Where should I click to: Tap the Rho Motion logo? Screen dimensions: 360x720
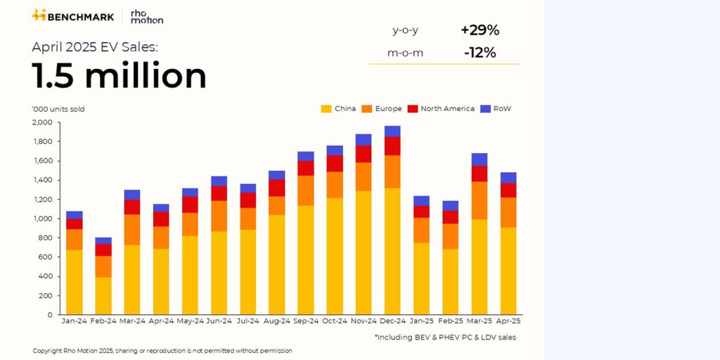tap(146, 16)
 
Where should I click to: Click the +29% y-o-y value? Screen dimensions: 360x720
tap(480, 30)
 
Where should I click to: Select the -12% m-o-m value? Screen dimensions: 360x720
tap(480, 53)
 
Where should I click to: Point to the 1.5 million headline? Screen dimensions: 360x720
tap(119, 76)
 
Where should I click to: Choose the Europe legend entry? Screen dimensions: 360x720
tap(382, 109)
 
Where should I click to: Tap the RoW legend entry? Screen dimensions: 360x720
tap(496, 109)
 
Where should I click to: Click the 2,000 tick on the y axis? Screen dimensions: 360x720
tap(42, 122)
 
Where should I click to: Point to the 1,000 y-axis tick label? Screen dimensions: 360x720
tap(42, 219)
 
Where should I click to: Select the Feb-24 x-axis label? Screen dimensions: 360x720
tap(103, 321)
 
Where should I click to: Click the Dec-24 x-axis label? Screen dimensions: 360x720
tap(392, 321)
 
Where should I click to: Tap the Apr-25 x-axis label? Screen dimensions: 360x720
tap(508, 321)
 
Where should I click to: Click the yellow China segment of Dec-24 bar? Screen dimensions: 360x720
tap(392, 251)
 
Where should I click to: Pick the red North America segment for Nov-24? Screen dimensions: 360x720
tap(364, 154)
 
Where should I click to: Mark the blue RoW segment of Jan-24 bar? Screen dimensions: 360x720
tap(75, 214)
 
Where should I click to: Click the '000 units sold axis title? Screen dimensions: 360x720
tap(58, 109)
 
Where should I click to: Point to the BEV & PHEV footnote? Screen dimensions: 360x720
tap(445, 337)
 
